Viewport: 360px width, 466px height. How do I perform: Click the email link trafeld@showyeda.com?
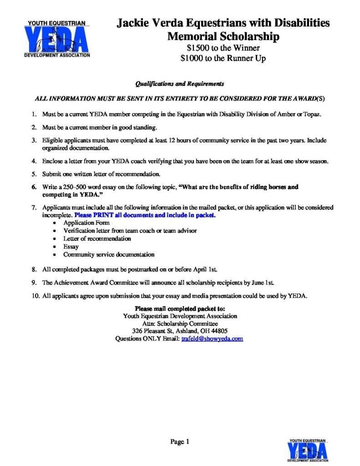point(212,339)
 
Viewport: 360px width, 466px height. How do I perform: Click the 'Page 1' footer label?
point(179,441)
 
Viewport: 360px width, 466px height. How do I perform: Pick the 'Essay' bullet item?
point(71,247)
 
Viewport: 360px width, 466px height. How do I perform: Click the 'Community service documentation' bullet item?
point(109,254)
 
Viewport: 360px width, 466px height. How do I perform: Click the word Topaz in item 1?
point(312,114)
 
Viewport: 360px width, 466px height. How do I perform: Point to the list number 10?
point(35,296)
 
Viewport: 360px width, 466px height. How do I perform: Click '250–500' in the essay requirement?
point(79,187)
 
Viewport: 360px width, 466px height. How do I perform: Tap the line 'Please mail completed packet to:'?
point(180,309)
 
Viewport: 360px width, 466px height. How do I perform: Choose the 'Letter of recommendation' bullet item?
point(97,238)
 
